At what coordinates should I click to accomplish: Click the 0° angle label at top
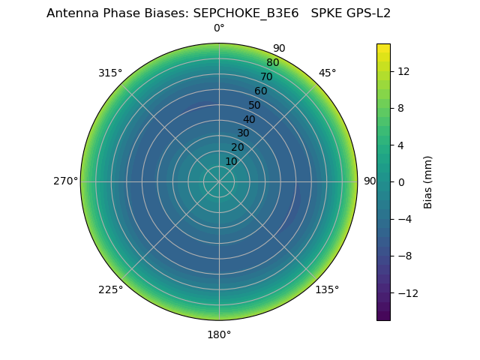coord(219,28)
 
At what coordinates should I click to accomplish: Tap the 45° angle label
coord(327,73)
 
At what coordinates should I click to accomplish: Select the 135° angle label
coord(327,289)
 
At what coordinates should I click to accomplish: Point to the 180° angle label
coord(219,334)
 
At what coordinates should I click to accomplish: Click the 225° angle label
coord(110,289)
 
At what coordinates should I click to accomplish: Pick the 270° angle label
coord(65,181)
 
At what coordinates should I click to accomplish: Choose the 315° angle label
coord(110,73)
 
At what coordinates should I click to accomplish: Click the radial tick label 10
coord(231,161)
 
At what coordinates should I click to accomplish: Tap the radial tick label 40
coord(249,119)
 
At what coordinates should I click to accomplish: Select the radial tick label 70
coord(266,76)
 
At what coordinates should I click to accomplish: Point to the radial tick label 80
coord(272,62)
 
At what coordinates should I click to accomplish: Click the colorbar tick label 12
coord(403,71)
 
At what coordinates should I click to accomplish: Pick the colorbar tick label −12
coord(406,292)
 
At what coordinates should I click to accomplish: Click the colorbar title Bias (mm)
coord(428,181)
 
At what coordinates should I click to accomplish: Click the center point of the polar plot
coord(219,181)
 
